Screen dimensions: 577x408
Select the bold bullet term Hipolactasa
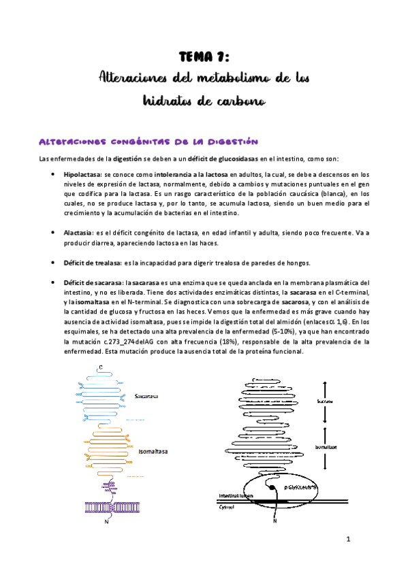coord(82,175)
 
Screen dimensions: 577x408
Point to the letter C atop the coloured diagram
coord(101,368)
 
